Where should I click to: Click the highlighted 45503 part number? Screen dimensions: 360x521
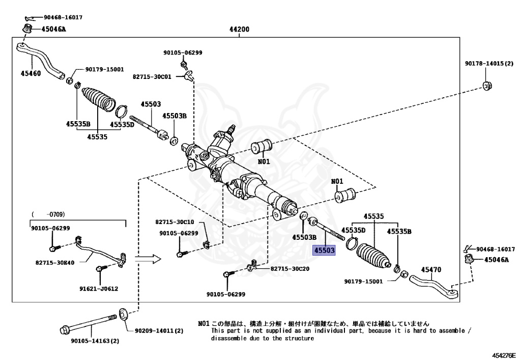(324, 251)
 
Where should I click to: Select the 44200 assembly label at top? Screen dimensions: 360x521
(239, 29)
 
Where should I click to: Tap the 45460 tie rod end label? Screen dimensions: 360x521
(31, 73)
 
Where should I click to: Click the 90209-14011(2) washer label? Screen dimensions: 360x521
(159, 331)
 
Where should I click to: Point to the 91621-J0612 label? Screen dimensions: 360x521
(98, 289)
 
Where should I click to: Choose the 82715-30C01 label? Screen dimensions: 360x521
(152, 76)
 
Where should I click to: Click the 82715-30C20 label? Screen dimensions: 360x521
(290, 268)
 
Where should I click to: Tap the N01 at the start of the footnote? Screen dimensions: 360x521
(204, 323)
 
